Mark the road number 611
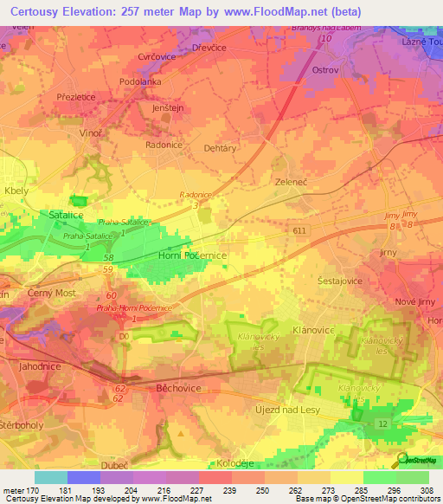tap(299, 229)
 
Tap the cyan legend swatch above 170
tap(50, 477)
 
